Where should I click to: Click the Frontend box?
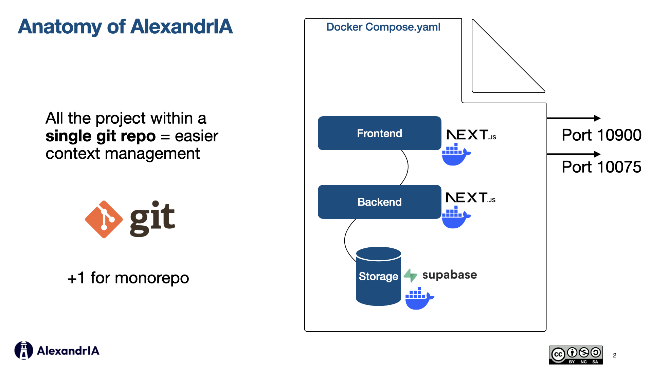[x=379, y=133]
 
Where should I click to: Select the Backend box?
[x=379, y=202]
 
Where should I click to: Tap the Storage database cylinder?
[x=378, y=276]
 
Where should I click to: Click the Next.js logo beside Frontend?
[x=471, y=135]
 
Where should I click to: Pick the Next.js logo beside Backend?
[x=470, y=197]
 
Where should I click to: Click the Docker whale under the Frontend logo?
[x=455, y=155]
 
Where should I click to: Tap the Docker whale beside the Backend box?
[x=455, y=217]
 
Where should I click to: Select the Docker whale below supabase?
[x=419, y=298]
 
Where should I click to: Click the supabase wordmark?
[x=449, y=275]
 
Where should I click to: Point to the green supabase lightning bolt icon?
[x=411, y=275]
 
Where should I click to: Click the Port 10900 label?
[x=601, y=135]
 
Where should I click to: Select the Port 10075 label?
[x=601, y=167]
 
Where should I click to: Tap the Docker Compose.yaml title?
[x=383, y=27]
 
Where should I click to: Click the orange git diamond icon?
[x=104, y=219]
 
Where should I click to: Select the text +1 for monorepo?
[x=128, y=278]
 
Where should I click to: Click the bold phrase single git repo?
[x=101, y=136]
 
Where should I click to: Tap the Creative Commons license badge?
[x=576, y=355]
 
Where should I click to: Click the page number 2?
[x=614, y=355]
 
